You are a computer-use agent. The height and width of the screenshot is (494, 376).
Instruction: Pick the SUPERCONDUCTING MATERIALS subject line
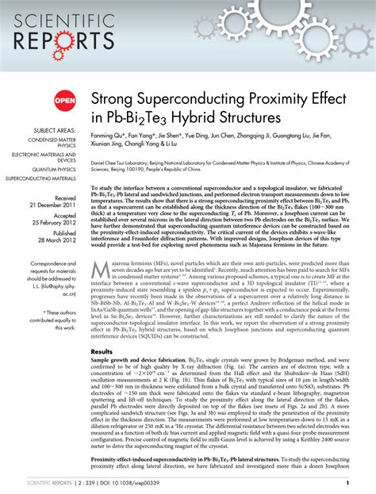(44, 178)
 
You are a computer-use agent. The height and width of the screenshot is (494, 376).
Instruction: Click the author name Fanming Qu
(110, 136)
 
